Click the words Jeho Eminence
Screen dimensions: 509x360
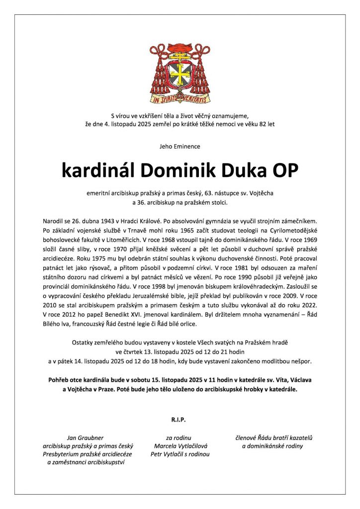pyautogui.click(x=180, y=147)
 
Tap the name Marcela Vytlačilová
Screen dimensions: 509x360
pyautogui.click(x=180, y=446)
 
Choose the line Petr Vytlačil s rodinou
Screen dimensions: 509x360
pyautogui.click(x=180, y=454)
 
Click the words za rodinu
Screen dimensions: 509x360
pyautogui.click(x=180, y=438)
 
